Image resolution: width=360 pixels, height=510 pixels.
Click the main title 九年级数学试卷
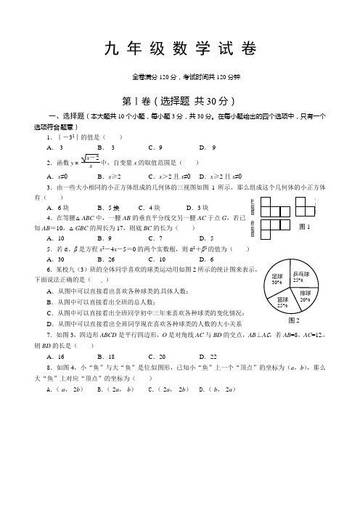[180, 49]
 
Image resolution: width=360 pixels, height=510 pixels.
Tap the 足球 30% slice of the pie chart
[279, 280]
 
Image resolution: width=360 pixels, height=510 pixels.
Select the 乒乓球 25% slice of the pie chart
[303, 277]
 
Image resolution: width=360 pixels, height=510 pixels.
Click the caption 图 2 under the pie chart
[294, 320]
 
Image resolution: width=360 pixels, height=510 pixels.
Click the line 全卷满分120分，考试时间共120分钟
[179, 76]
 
